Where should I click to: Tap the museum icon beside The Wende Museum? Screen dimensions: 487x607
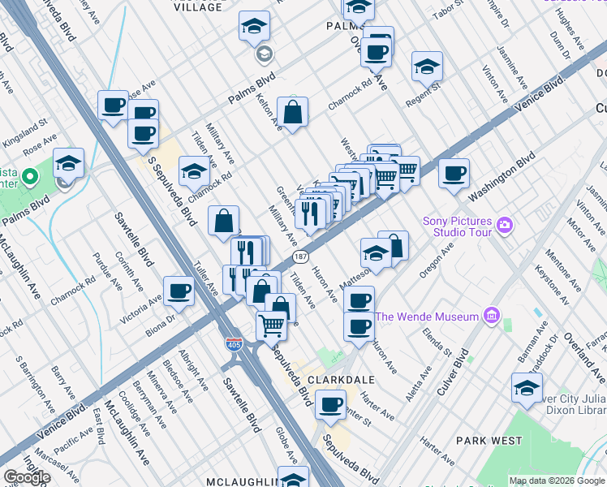(490, 315)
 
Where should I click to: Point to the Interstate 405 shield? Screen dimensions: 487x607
(233, 345)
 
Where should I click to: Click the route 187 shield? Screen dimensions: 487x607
(299, 257)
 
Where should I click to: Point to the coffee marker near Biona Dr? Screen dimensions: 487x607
(179, 291)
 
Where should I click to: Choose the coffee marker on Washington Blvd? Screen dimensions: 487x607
(454, 173)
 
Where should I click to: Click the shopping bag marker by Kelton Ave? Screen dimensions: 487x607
(292, 111)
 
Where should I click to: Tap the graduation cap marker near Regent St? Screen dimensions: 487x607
(427, 67)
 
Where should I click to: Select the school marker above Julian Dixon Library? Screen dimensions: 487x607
(527, 387)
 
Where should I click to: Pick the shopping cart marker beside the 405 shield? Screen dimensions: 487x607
(271, 326)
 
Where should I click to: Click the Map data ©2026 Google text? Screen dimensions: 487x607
(557, 481)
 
